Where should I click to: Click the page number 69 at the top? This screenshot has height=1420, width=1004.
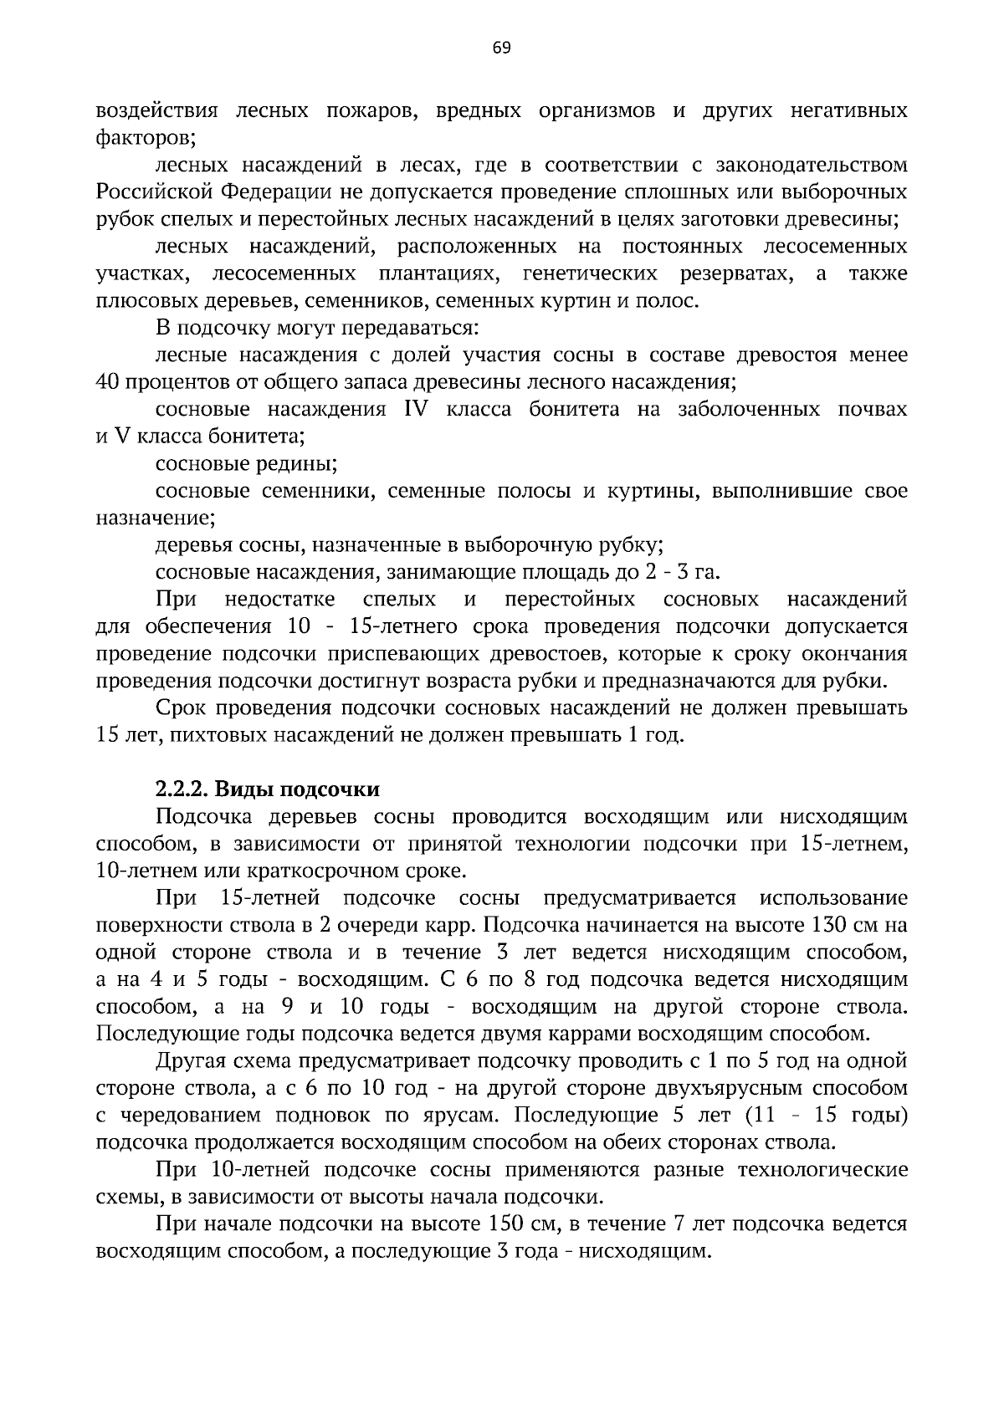[501, 48]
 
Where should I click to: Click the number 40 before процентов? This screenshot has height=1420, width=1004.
[110, 382]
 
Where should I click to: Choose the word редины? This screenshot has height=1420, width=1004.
[295, 463]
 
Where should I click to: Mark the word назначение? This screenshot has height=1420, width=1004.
[156, 518]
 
